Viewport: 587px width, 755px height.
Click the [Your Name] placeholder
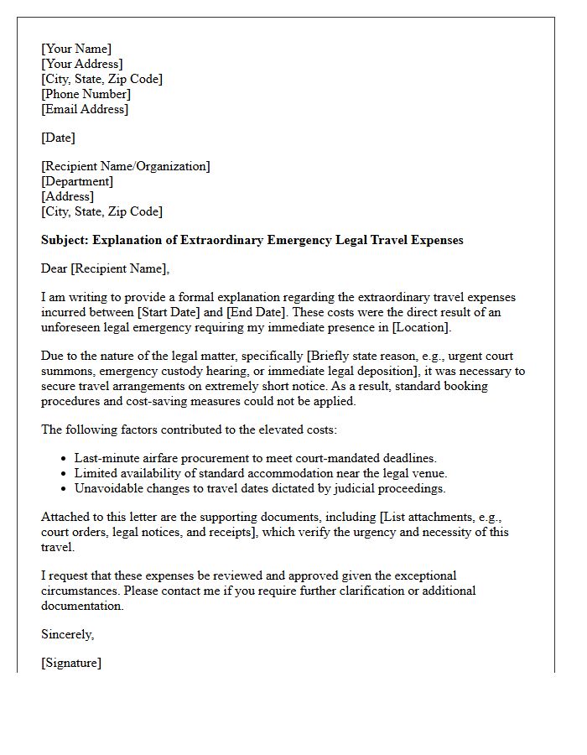pos(76,49)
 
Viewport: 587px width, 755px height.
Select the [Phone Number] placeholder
pos(86,94)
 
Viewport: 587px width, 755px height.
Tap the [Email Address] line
pos(85,109)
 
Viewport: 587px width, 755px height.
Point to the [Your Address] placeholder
pos(82,64)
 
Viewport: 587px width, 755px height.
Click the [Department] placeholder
pos(77,181)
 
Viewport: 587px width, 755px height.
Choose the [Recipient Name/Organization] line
pos(126,166)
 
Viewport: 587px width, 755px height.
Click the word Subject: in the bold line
pos(65,240)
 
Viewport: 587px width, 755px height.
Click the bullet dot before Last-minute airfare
pos(65,458)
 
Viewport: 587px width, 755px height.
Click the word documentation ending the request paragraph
pos(81,606)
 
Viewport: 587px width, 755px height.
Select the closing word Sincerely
pos(67,634)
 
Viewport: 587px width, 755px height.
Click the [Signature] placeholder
pos(71,663)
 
